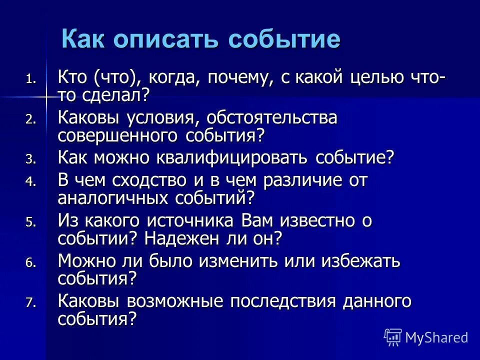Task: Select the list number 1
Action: coord(31,79)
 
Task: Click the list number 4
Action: coord(31,182)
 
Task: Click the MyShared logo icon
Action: coord(393,337)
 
